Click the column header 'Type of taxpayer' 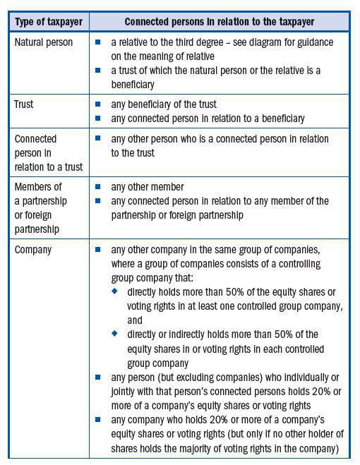click(x=49, y=22)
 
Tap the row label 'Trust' click(x=24, y=104)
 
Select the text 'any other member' click(x=148, y=188)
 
